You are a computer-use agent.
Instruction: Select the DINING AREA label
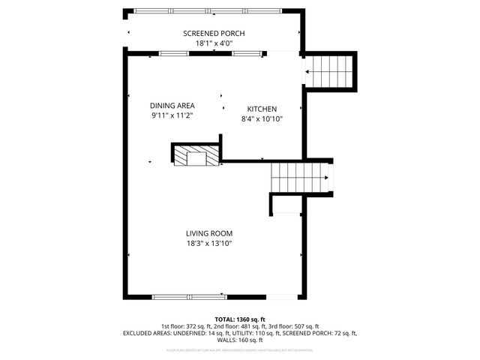172,106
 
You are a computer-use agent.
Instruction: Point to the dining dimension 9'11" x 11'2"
172,115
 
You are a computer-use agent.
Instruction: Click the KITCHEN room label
262,109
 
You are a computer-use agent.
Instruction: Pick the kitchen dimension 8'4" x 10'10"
262,118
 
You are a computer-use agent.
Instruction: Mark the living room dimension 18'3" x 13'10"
209,243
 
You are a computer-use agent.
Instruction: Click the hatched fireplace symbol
196,155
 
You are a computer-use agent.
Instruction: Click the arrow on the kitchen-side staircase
307,72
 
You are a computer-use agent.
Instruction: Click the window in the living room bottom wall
188,295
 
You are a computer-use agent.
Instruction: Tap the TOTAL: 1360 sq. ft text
240,319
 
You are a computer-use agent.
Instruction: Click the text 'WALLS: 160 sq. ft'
240,340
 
